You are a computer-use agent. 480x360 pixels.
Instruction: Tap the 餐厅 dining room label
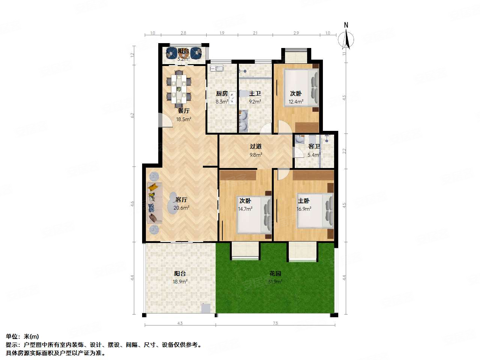[183, 111]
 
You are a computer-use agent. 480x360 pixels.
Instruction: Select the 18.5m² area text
[183, 119]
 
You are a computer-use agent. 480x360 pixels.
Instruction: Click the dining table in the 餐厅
[179, 89]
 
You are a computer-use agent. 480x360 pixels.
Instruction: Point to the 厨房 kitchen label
[222, 94]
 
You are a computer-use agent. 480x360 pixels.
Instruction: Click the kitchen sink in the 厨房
[217, 68]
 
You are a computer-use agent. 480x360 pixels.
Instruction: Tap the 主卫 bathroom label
[255, 94]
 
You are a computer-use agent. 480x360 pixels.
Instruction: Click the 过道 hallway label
[256, 147]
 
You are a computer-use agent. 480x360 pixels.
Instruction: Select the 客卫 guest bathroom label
[314, 147]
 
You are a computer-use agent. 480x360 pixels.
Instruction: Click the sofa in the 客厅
[154, 203]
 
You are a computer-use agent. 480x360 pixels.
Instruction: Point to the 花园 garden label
[275, 274]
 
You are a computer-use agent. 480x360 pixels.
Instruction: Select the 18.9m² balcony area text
[180, 282]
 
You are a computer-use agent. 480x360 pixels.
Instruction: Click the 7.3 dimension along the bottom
[275, 323]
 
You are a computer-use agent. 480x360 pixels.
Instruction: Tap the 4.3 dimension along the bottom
[180, 323]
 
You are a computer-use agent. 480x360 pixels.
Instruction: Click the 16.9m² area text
[304, 209]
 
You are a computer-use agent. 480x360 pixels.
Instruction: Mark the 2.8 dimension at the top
[183, 33]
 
